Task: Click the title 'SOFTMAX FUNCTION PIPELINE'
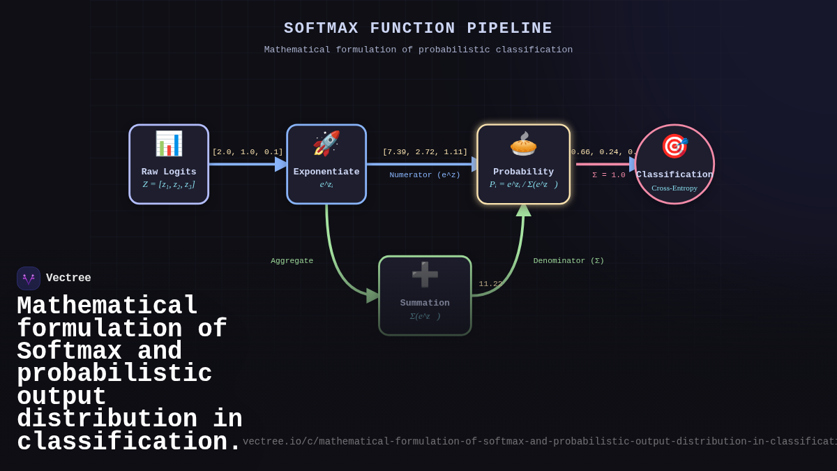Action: click(418, 29)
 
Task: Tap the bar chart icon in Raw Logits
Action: click(169, 144)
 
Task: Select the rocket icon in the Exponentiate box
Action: click(326, 144)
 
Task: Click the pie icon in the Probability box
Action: click(523, 144)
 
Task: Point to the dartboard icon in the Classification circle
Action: click(674, 147)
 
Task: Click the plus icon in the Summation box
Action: click(425, 275)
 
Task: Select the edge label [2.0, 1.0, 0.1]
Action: click(248, 152)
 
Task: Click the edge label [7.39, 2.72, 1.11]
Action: click(425, 152)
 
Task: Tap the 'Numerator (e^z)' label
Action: click(425, 175)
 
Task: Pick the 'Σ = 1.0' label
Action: click(609, 175)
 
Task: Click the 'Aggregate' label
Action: click(292, 261)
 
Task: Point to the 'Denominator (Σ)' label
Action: click(568, 261)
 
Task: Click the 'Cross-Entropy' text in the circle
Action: click(674, 188)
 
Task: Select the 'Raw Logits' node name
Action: click(169, 172)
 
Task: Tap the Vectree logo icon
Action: click(29, 278)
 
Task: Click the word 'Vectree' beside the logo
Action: click(68, 278)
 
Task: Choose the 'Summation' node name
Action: click(425, 304)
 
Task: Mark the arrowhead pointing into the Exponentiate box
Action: click(281, 165)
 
